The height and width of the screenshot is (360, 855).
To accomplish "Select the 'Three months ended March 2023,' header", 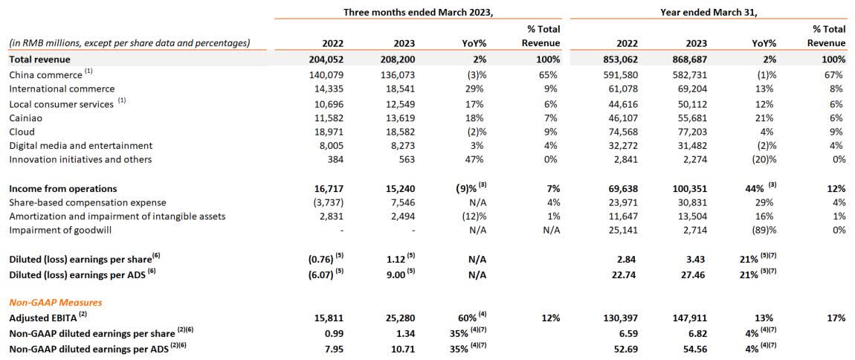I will click(x=419, y=12).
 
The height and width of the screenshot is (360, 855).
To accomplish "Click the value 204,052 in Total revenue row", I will click(x=323, y=59).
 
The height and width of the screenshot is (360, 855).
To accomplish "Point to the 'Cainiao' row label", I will click(x=26, y=118).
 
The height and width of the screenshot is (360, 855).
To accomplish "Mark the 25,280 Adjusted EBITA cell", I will click(x=399, y=318).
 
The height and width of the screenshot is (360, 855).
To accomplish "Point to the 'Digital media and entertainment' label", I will click(x=80, y=146).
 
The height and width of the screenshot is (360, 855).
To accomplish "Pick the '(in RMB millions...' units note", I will click(x=129, y=42).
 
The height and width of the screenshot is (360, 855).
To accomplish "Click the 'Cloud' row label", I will click(x=22, y=132).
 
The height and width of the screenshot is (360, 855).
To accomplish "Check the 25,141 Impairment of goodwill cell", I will click(x=622, y=230).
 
